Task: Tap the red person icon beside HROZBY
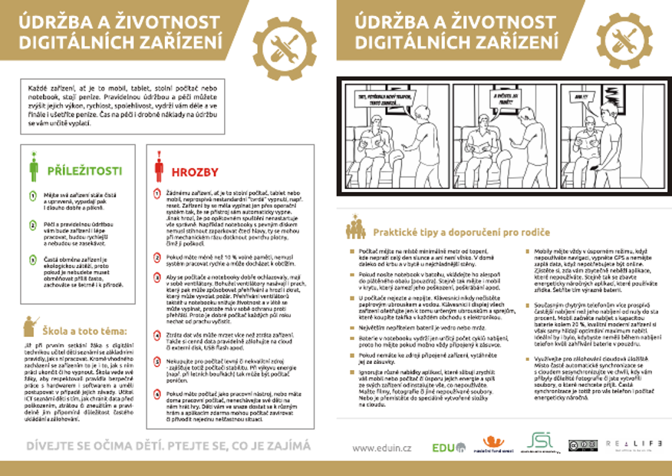point(159,167)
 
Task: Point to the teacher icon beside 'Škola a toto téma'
point(30,327)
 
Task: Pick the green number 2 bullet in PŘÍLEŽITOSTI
point(34,224)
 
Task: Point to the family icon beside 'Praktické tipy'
point(355,229)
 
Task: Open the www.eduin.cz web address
point(383,446)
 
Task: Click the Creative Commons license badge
point(582,445)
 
